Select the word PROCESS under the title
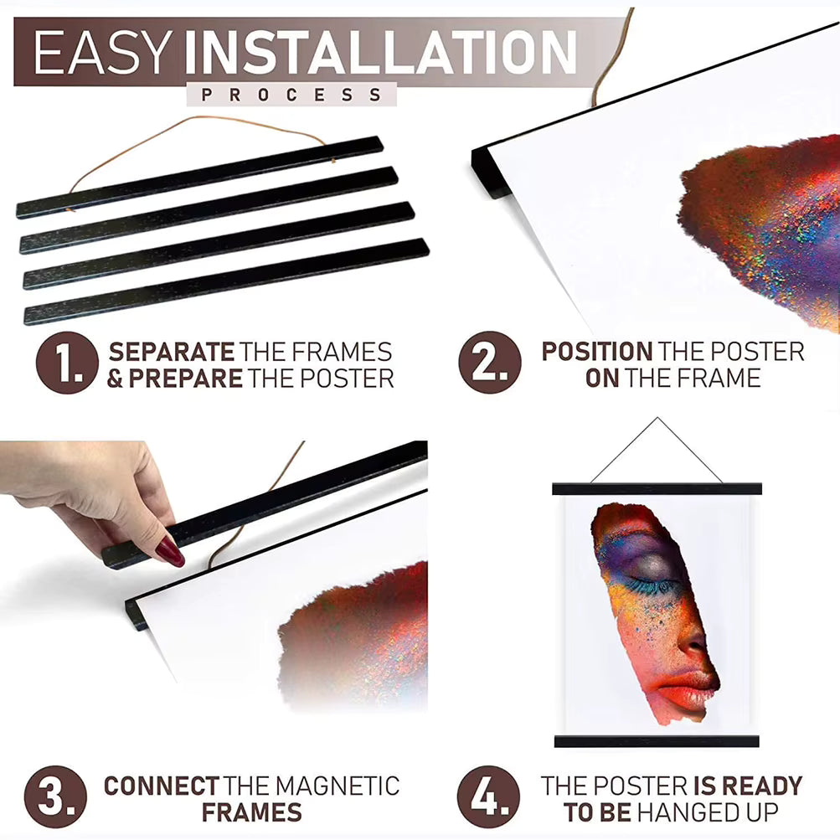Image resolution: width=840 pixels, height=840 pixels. [x=291, y=95]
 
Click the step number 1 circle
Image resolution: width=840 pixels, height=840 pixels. [x=67, y=363]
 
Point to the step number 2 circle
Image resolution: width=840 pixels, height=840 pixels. [x=489, y=363]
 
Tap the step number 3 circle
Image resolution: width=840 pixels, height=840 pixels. [x=56, y=796]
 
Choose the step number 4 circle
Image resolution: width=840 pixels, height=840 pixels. [x=488, y=796]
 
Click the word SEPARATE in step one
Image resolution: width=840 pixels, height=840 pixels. [x=172, y=351]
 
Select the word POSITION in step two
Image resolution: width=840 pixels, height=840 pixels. [x=596, y=351]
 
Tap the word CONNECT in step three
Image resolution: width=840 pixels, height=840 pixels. [x=161, y=786]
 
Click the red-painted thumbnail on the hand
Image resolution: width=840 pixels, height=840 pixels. [x=169, y=551]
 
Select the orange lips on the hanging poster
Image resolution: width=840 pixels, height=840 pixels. [x=691, y=683]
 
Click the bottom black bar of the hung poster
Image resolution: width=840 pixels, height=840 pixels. [x=657, y=741]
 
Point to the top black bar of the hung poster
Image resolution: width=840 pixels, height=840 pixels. [x=657, y=489]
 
